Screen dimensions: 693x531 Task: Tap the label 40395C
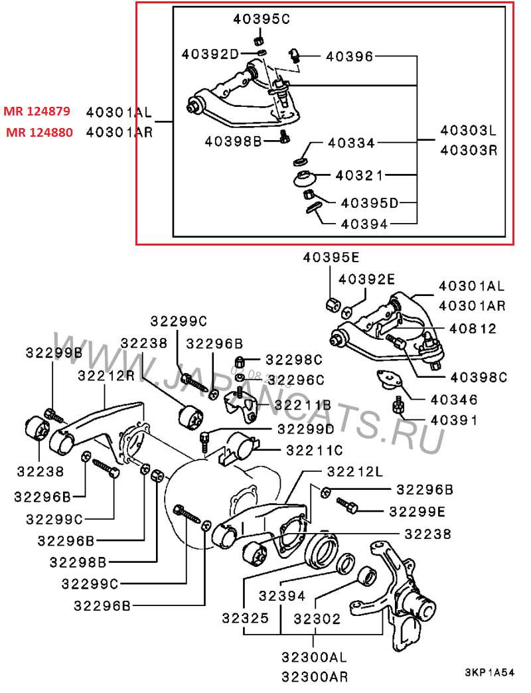[x=262, y=19]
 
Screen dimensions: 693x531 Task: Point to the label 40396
[x=349, y=57]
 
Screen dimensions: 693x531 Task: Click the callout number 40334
[x=351, y=143]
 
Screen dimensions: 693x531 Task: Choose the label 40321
[x=360, y=176]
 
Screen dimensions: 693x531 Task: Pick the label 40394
[x=364, y=224]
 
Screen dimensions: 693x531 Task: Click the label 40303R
[x=469, y=150]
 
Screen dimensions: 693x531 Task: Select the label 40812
[x=473, y=329]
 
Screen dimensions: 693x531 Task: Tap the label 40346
[x=453, y=400]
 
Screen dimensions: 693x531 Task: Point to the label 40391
[x=453, y=420]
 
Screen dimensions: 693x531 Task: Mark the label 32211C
[x=314, y=450]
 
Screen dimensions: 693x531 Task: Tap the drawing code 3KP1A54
[x=489, y=673]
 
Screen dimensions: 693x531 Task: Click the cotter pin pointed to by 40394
[x=313, y=208]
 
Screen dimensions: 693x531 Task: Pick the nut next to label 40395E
[x=332, y=305]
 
